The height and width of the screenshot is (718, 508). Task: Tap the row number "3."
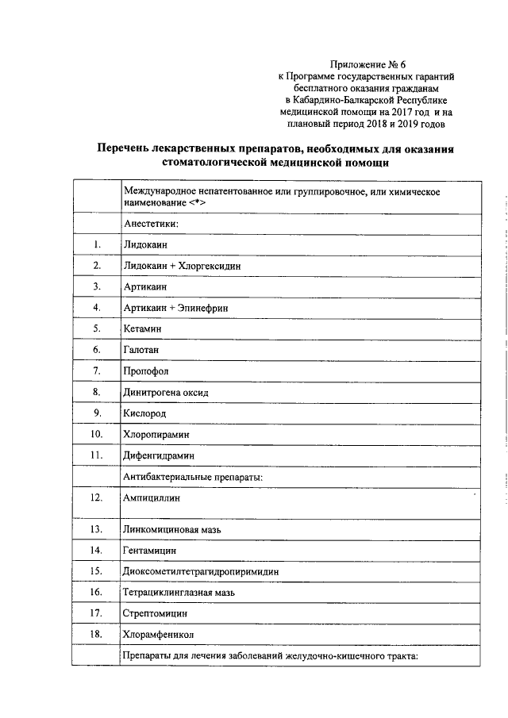coord(96,286)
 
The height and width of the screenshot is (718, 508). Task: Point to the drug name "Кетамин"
coord(143,328)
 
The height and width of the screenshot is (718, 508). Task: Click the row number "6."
coord(96,349)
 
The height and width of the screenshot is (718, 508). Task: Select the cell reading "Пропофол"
coord(146,371)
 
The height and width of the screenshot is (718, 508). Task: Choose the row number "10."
coord(96,434)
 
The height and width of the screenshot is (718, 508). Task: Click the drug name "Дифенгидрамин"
coord(159,455)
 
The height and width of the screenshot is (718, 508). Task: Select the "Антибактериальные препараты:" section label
coord(193,476)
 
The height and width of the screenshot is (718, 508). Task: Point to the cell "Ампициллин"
coord(152,498)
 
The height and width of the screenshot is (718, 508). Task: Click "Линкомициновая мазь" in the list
coord(171,528)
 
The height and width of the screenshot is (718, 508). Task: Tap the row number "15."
coord(96,570)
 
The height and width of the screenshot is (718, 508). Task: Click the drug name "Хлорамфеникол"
coord(159,634)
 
